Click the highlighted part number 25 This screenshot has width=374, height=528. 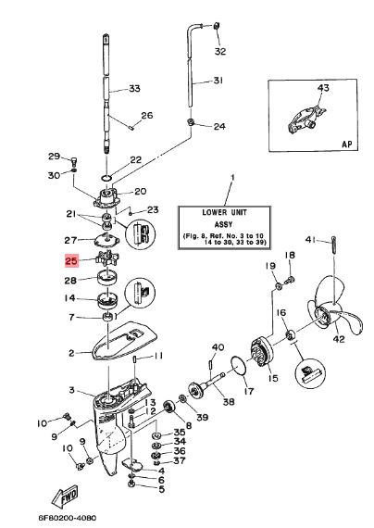pyautogui.click(x=71, y=260)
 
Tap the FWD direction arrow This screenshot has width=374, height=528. pyautogui.click(x=66, y=496)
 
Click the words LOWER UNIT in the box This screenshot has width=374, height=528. pyautogui.click(x=224, y=212)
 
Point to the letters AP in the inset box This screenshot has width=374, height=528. pyautogui.click(x=347, y=145)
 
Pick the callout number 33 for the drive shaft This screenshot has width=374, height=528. pyautogui.click(x=134, y=89)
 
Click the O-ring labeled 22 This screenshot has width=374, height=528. pyautogui.click(x=106, y=178)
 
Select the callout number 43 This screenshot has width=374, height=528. pyautogui.click(x=323, y=88)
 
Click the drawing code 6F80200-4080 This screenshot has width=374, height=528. pyautogui.click(x=67, y=518)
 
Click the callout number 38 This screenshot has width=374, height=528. pyautogui.click(x=229, y=401)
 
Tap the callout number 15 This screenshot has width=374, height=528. pyautogui.click(x=273, y=378)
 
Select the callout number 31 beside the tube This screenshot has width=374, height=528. pyautogui.click(x=218, y=81)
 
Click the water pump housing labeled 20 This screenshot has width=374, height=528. pyautogui.click(x=107, y=197)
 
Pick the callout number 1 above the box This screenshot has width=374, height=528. pyautogui.click(x=232, y=177)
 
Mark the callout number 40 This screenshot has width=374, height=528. pyautogui.click(x=218, y=346)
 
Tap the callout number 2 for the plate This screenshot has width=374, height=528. pyautogui.click(x=71, y=353)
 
